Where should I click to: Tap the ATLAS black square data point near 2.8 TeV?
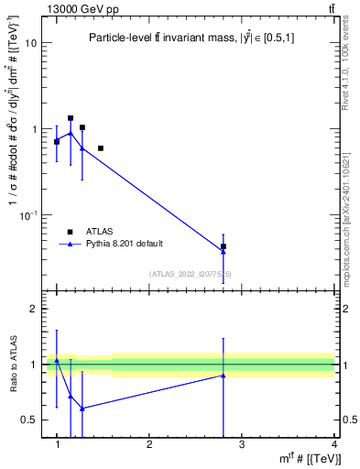(x=224, y=246)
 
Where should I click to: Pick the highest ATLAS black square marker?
(x=71, y=118)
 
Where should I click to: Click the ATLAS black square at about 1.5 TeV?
(x=101, y=147)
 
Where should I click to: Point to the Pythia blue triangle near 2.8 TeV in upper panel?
(x=224, y=251)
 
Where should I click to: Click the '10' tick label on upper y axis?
(x=30, y=43)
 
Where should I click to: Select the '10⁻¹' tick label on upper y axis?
(x=27, y=214)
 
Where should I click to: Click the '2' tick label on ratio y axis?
(x=34, y=310)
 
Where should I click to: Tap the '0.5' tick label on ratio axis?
(x=30, y=420)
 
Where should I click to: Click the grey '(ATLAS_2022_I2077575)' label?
(x=191, y=273)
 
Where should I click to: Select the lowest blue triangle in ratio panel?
(x=82, y=409)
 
